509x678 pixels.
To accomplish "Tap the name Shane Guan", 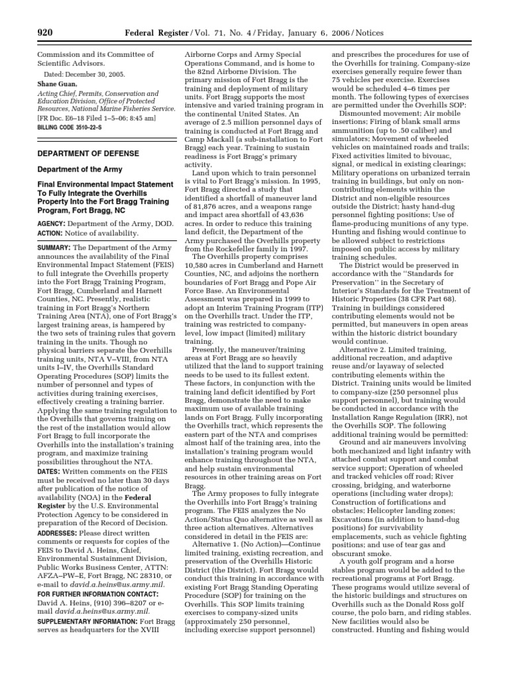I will pos(56,84).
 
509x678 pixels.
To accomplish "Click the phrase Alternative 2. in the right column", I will pos(363,350).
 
